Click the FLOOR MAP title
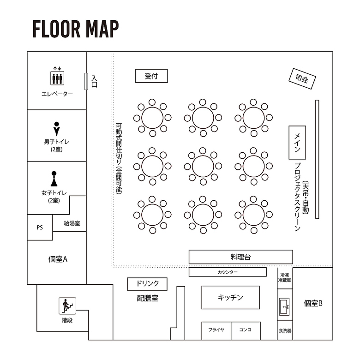tap(76, 29)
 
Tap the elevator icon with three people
tap(57, 77)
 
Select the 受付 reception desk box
tap(151, 76)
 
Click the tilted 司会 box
tap(302, 79)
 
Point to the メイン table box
tap(297, 143)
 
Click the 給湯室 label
tap(72, 223)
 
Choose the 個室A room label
tap(58, 259)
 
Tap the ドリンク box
tap(147, 283)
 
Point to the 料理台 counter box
tap(240, 257)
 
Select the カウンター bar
tap(228, 272)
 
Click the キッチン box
tap(230, 298)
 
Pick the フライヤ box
tap(216, 330)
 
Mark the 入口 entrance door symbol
tap(86, 81)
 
